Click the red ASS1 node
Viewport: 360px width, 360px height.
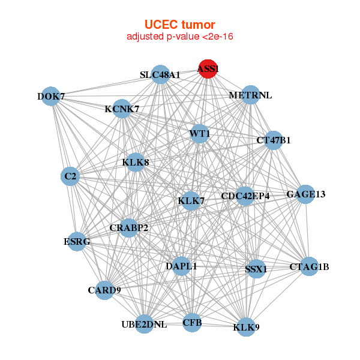[x=208, y=69]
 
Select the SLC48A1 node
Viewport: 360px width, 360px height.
[x=160, y=75]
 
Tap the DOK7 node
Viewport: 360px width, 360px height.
[x=51, y=97]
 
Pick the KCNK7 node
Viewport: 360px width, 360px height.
[x=122, y=109]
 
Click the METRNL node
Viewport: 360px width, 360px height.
[x=250, y=95]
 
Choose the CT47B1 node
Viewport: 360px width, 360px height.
[x=273, y=140]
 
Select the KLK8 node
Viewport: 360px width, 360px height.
[x=136, y=162]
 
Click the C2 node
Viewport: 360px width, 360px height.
[x=71, y=176]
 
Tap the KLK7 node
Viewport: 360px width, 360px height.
[x=191, y=201]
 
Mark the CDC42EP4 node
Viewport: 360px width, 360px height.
[x=245, y=196]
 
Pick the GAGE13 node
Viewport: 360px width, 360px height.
[x=305, y=194]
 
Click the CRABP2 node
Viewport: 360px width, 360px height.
[x=129, y=228]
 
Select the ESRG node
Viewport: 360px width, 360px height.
[x=77, y=242]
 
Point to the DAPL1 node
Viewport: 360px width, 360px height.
[x=182, y=266]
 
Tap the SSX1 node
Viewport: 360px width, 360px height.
[x=256, y=269]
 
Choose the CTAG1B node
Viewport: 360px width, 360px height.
[x=309, y=266]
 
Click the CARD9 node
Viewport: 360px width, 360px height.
[x=104, y=290]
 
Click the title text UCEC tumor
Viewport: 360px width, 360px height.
[x=180, y=25]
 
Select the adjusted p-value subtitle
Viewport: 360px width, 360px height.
[x=180, y=37]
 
